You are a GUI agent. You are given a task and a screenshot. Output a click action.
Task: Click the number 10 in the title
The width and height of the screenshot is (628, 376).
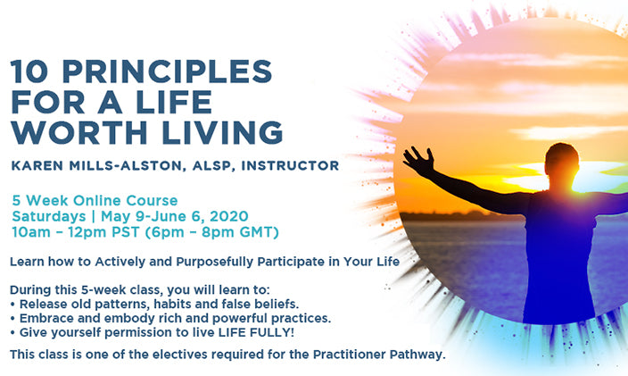point(29,71)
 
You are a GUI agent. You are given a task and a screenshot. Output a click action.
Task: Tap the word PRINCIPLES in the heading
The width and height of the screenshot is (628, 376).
point(168,71)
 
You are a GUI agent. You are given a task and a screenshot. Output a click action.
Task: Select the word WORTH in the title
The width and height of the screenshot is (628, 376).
point(78,132)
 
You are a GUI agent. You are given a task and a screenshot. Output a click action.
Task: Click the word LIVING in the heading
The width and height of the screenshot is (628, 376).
point(223,132)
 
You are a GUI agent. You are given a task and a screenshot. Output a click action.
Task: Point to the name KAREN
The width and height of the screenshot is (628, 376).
point(37,165)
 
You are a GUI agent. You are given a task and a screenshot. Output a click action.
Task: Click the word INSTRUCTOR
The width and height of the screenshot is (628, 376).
point(290,165)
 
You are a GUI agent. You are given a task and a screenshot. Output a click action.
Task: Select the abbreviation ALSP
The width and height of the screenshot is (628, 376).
point(212,166)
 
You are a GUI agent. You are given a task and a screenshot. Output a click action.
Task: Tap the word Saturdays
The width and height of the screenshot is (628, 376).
point(49,216)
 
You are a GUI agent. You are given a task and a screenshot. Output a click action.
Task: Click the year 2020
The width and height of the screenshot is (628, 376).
point(229,216)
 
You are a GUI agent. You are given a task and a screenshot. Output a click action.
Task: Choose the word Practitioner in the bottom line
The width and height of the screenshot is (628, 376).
point(349,355)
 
